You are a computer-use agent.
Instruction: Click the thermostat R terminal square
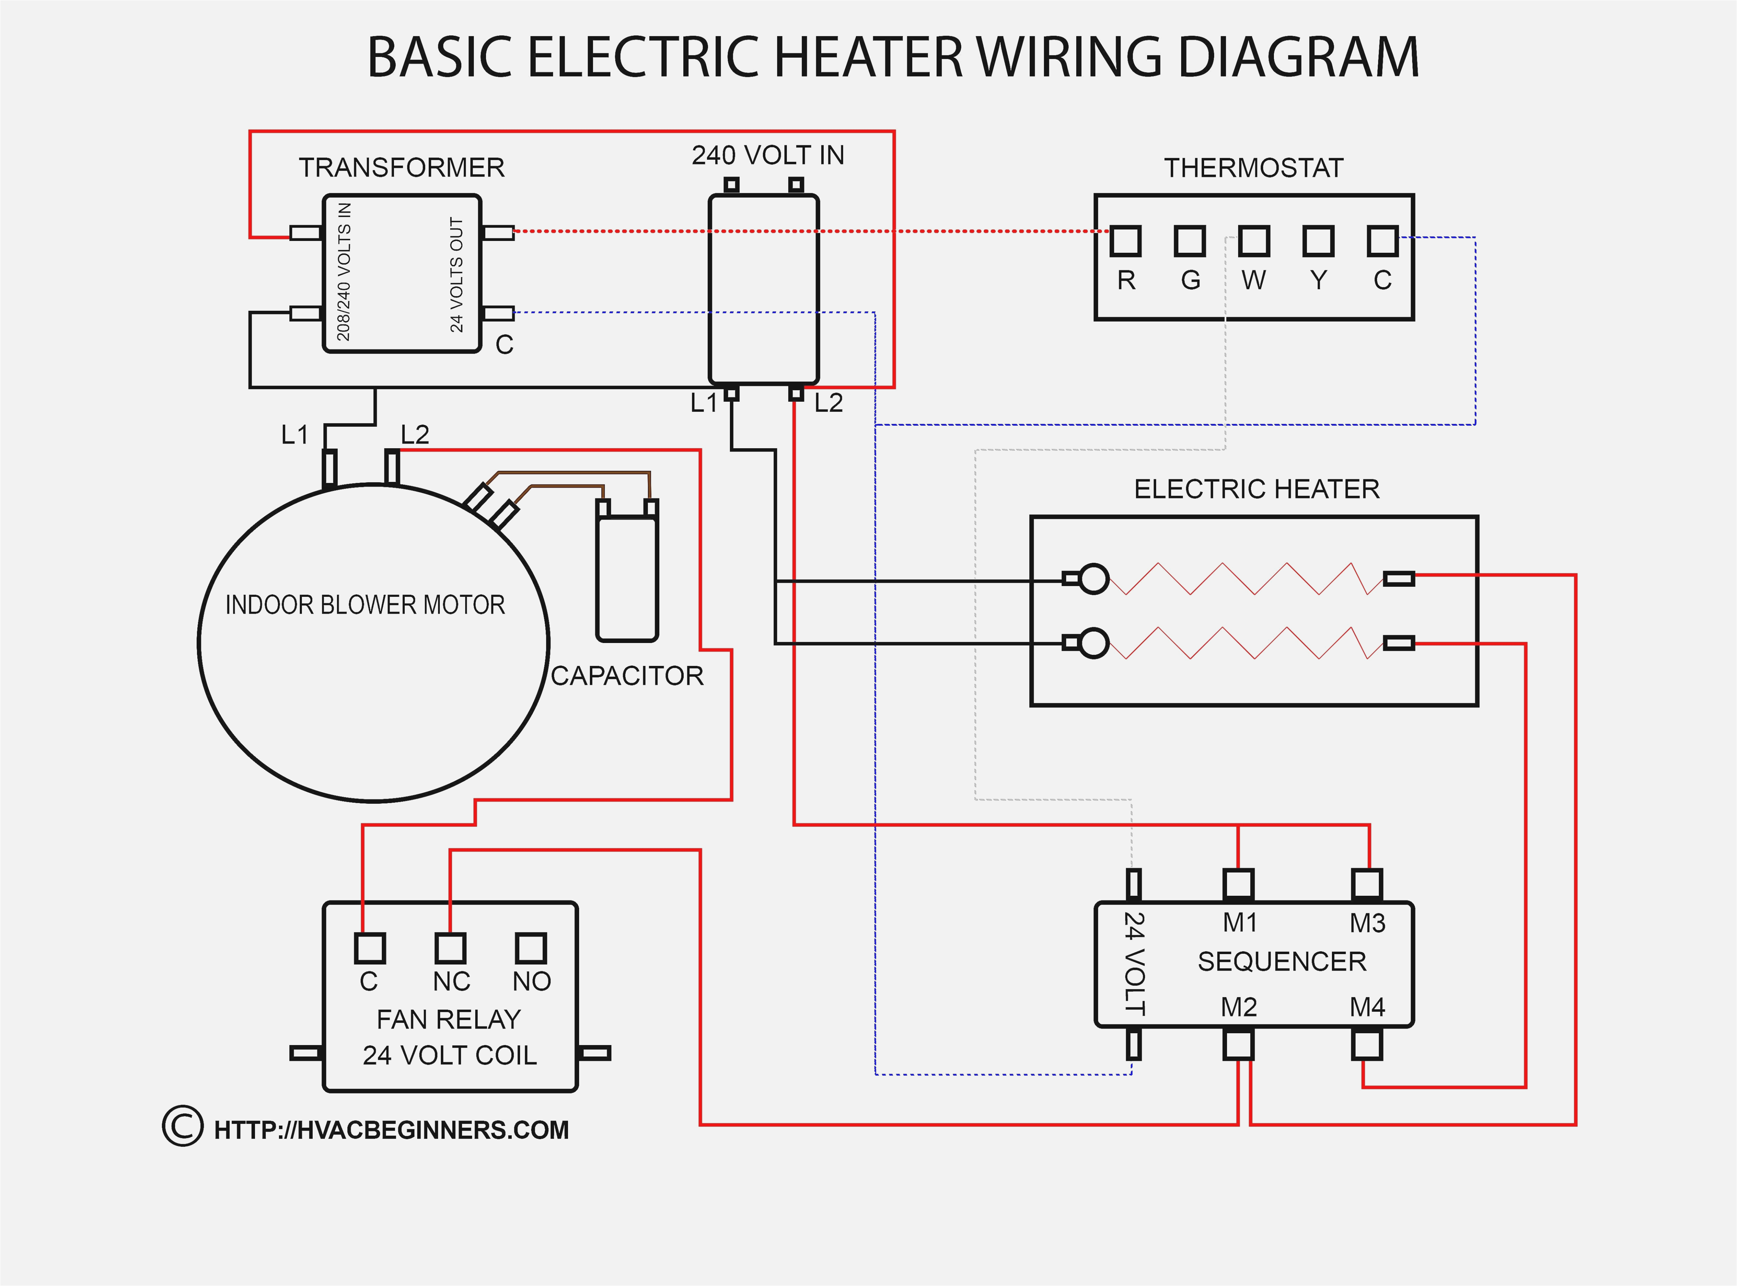coord(1125,241)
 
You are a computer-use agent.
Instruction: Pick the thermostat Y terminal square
coord(1318,241)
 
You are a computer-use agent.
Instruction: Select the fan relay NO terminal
coord(531,948)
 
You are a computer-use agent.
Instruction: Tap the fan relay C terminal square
coord(370,948)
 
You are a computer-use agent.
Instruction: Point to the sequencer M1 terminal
coord(1238,884)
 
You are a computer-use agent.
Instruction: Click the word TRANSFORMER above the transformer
coord(402,167)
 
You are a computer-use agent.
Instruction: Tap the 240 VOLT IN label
coord(768,156)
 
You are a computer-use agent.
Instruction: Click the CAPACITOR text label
coord(627,676)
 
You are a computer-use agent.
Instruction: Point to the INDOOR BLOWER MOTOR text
coord(365,605)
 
